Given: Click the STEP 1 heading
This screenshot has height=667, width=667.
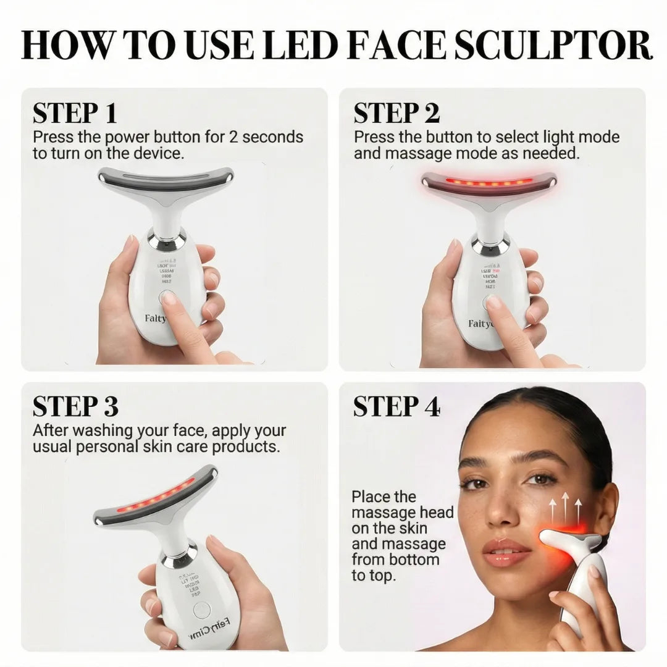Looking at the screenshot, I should pyautogui.click(x=75, y=114).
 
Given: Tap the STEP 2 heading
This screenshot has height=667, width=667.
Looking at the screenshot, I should pyautogui.click(x=396, y=114).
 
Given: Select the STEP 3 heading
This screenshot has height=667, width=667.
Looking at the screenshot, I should pyautogui.click(x=75, y=407).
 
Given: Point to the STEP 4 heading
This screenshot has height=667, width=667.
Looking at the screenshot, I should pyautogui.click(x=396, y=407).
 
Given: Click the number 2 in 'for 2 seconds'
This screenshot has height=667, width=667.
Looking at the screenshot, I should pyautogui.click(x=233, y=136).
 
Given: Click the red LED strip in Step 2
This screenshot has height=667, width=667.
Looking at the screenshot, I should pyautogui.click(x=489, y=182).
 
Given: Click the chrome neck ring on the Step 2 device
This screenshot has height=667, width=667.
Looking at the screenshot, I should pyautogui.click(x=490, y=245).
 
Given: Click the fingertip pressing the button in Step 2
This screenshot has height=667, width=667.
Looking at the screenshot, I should pyautogui.click(x=493, y=302).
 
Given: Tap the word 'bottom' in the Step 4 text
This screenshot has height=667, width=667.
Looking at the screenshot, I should pyautogui.click(x=411, y=560).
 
